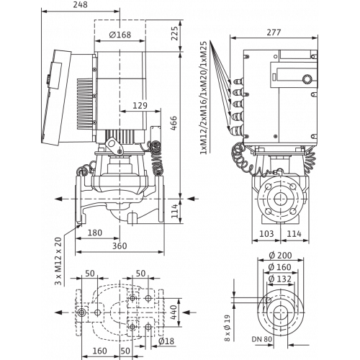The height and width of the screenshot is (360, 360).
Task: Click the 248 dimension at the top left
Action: coord(80,5)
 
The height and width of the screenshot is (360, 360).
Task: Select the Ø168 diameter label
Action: coord(120,35)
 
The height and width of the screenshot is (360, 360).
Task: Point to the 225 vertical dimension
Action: coord(175,33)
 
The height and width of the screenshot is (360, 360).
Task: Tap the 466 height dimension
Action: coord(174,123)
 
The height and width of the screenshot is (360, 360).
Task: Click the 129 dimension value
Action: coord(140,106)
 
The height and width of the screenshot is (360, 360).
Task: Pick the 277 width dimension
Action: coord(274,32)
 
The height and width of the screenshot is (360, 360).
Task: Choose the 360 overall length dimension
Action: coord(120,246)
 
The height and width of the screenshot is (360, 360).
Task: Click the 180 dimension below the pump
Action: coord(95,233)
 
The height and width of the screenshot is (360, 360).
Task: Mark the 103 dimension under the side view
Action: coord(266,233)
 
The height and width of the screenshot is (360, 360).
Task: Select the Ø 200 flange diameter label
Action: coord(280,256)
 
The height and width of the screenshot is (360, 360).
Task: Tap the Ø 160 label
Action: coord(280,267)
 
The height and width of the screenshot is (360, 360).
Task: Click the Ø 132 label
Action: coord(280,279)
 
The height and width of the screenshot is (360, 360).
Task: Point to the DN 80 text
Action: coord(262,339)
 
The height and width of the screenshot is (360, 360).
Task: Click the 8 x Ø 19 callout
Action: coord(228,328)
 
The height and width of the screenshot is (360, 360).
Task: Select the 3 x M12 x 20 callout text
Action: coord(58,261)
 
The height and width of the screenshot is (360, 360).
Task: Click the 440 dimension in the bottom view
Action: coord(174,312)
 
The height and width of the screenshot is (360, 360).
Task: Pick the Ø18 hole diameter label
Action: coord(166,341)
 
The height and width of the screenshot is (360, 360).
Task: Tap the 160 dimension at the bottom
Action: coord(99,351)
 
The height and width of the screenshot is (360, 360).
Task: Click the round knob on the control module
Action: coord(307,79)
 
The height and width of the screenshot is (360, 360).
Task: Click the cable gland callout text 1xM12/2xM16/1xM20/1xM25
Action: coord(203,98)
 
